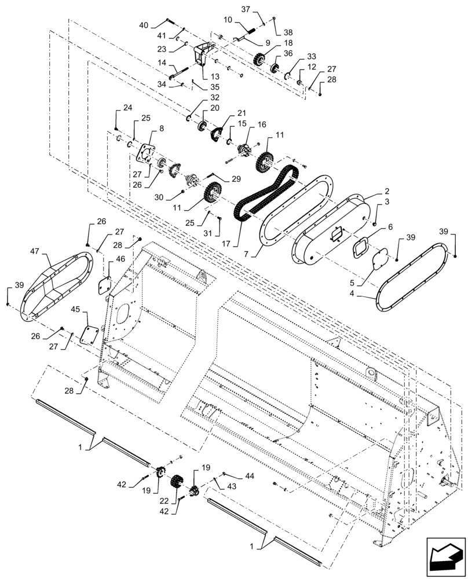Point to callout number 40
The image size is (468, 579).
[x=144, y=25]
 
